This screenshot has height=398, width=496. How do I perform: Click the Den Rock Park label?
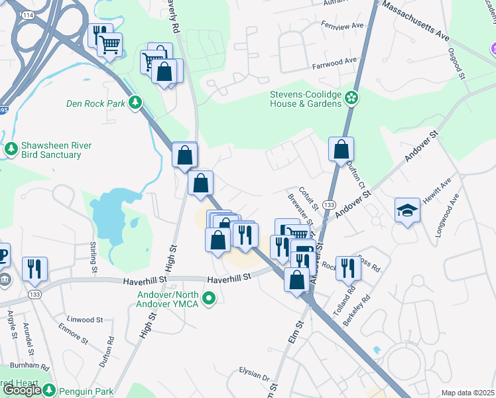coord(96,103)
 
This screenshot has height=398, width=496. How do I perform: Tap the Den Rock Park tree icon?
coord(135,102)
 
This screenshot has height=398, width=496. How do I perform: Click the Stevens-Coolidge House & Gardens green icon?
coord(351,99)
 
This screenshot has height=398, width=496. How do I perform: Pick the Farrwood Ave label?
coord(334,66)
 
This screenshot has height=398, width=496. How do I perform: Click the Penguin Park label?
coord(86,391)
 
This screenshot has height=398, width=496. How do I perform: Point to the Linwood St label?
coord(85,320)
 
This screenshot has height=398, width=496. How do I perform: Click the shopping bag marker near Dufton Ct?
coord(341,150)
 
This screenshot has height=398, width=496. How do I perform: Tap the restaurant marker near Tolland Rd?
coord(346,269)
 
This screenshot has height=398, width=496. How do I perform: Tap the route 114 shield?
coord(27,15)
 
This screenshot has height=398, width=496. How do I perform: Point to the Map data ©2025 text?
coord(467,393)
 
